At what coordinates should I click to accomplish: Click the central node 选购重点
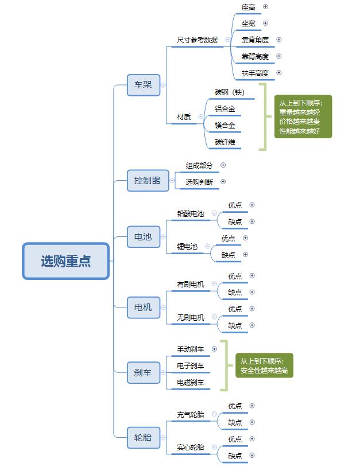65,261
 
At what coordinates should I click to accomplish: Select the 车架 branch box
144,84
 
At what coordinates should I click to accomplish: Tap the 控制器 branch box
148,180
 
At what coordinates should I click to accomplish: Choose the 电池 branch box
143,236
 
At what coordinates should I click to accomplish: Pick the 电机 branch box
143,308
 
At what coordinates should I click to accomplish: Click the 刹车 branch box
143,372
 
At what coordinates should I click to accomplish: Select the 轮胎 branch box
143,437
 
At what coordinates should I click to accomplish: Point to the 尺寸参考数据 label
198,40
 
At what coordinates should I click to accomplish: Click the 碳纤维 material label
225,142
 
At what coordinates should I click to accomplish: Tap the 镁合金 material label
225,125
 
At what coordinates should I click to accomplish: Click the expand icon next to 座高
265,7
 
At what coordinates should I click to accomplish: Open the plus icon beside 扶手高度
279,73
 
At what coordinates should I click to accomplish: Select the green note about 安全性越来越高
264,365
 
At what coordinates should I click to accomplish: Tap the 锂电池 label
187,246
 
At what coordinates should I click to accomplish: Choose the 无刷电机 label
191,317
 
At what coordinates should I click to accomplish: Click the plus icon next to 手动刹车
215,348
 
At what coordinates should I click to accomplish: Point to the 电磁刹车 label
191,382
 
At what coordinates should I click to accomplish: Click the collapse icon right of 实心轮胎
214,447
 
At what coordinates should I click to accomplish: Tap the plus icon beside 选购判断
223,182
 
